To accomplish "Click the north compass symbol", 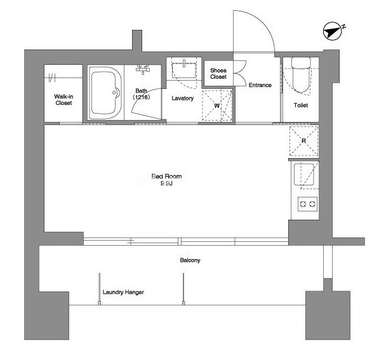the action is pyautogui.click(x=333, y=31).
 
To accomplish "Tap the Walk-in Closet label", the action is pyautogui.click(x=63, y=100).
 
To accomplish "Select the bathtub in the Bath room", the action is pyautogui.click(x=105, y=93).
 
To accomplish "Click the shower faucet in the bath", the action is pyautogui.click(x=143, y=69).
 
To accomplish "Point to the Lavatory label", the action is pyautogui.click(x=182, y=98).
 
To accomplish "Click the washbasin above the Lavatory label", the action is pyautogui.click(x=184, y=70).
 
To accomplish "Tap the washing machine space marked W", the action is pyautogui.click(x=217, y=105).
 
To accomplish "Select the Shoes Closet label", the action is pyautogui.click(x=218, y=74).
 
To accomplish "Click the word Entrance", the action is pyautogui.click(x=260, y=85).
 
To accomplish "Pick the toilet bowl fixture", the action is pyautogui.click(x=301, y=75).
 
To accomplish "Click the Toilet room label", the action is pyautogui.click(x=301, y=105).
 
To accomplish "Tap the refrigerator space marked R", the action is pyautogui.click(x=304, y=141).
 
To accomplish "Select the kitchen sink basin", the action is pyautogui.click(x=304, y=174).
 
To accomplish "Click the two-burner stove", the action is pyautogui.click(x=307, y=204).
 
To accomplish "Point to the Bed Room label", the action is pyautogui.click(x=166, y=177).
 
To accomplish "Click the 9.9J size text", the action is pyautogui.click(x=166, y=183).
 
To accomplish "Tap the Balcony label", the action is pyautogui.click(x=190, y=260).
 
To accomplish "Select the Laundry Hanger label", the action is pyautogui.click(x=123, y=292).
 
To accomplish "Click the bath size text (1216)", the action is pyautogui.click(x=142, y=97).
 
